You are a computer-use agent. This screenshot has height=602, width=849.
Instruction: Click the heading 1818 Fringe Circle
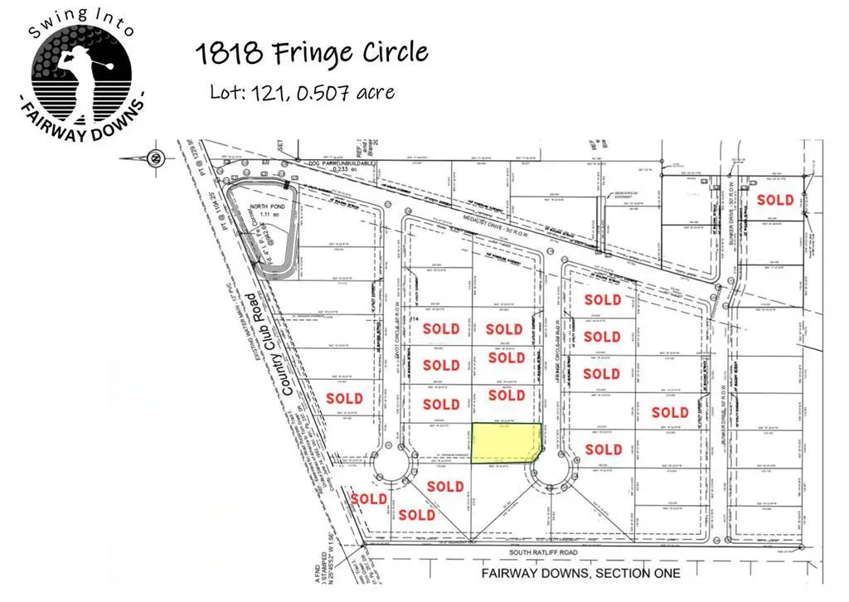click(x=312, y=53)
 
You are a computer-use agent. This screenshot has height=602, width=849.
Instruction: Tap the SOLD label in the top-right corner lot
click(x=774, y=200)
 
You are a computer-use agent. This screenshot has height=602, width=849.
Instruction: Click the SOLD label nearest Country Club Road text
click(x=344, y=398)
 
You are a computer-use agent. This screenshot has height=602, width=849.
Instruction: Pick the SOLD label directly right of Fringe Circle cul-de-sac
click(x=603, y=449)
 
